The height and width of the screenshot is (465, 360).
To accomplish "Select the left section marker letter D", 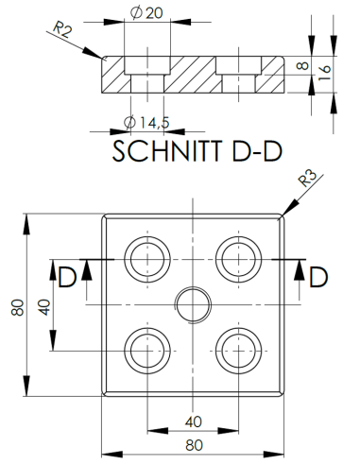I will coord(67,277).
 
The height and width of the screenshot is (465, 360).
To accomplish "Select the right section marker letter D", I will coord(318,277).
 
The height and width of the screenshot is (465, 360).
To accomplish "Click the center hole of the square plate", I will coord(192,301).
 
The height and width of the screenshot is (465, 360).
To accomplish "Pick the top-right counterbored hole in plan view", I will coord(237,256).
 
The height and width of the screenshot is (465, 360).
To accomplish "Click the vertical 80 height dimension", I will coord(16,308).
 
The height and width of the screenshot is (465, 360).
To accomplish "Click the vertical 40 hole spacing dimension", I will coord(43,308).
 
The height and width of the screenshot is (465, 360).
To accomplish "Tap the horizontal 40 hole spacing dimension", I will coord(192,421).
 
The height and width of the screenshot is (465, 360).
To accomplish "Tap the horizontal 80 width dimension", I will coord(192,440).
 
